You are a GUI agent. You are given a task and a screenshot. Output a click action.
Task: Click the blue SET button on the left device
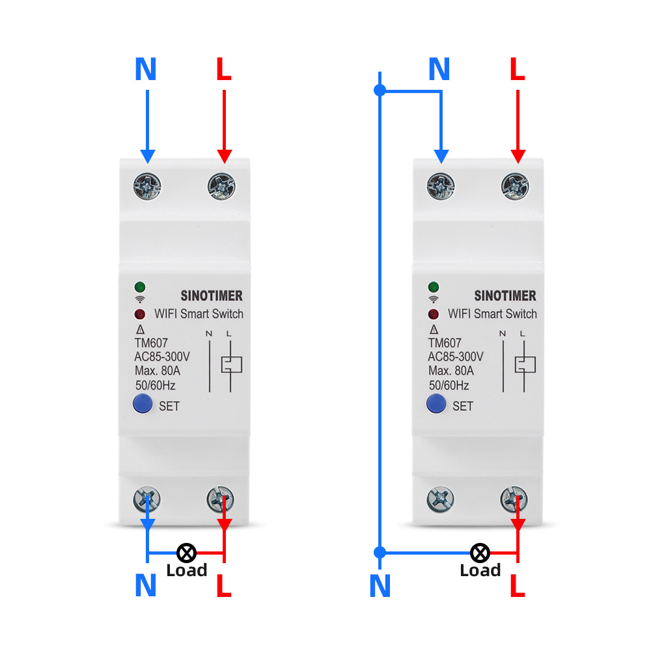(143, 404)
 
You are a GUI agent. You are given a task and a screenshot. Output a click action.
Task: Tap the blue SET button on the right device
(436, 404)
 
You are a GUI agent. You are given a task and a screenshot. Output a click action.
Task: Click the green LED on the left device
(140, 286)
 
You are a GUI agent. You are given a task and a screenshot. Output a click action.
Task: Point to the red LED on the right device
(434, 314)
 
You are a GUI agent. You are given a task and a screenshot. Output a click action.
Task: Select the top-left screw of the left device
(148, 187)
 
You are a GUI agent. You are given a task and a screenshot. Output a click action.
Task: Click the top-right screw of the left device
(222, 187)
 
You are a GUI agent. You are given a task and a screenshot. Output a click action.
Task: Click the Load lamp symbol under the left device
(187, 553)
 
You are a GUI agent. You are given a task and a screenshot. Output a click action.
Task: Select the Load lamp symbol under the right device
(480, 553)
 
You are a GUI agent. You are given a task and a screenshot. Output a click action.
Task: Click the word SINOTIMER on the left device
(212, 296)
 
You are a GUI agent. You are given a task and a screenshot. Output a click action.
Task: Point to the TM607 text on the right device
(445, 343)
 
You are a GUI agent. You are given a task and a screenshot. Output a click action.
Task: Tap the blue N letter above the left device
(146, 70)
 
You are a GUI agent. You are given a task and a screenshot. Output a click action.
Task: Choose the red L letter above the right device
(517, 70)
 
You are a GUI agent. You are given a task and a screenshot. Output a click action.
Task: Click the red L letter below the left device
(223, 586)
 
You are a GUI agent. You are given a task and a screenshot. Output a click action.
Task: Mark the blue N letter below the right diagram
(380, 586)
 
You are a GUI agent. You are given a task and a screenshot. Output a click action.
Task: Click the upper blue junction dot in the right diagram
(381, 90)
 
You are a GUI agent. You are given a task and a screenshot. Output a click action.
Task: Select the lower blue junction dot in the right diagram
(381, 553)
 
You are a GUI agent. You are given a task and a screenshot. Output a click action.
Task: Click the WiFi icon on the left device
(140, 299)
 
